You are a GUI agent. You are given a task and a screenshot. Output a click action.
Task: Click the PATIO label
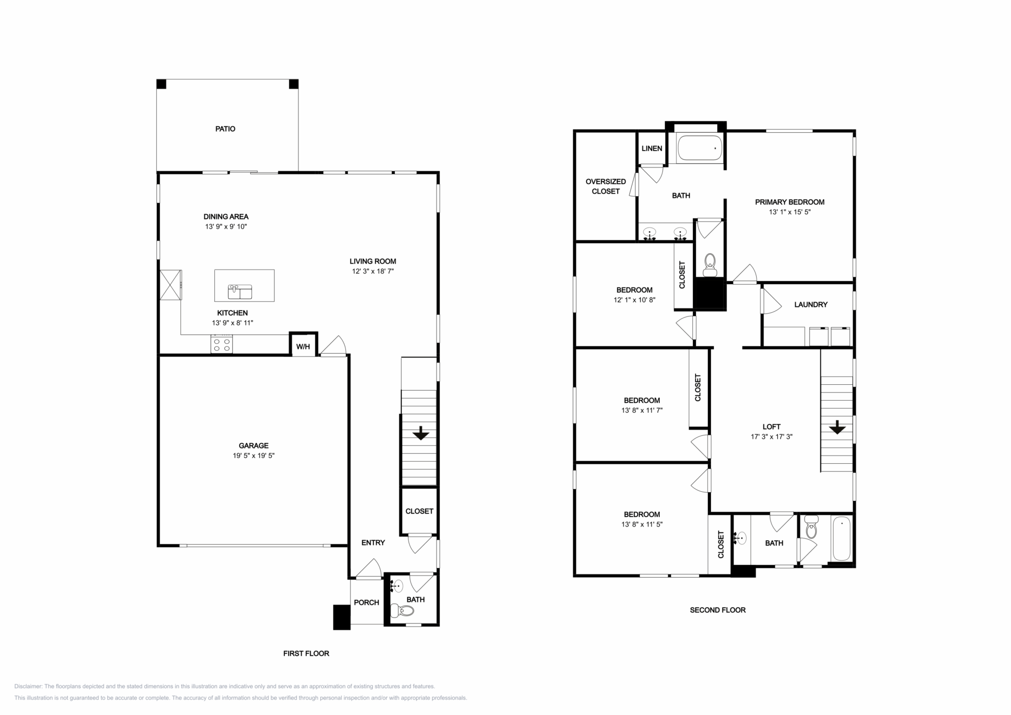(x=225, y=129)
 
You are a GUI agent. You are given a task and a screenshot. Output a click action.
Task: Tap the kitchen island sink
(x=240, y=291)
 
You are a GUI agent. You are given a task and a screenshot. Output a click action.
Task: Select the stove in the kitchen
(x=222, y=345)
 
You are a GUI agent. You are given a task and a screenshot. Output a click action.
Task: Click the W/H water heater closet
(x=303, y=345)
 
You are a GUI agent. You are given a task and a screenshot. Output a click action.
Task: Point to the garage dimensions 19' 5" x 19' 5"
(x=254, y=455)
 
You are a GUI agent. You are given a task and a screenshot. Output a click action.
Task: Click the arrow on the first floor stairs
(x=420, y=433)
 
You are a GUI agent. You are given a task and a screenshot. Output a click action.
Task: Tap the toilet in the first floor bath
(x=403, y=611)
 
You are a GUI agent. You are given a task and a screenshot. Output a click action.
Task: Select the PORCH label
(x=366, y=602)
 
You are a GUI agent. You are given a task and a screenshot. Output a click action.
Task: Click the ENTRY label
(x=373, y=542)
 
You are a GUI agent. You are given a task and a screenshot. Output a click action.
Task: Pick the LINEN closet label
(x=652, y=148)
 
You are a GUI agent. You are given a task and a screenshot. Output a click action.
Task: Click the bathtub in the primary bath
(x=700, y=148)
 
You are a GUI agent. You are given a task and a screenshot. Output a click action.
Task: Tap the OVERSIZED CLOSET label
(x=606, y=186)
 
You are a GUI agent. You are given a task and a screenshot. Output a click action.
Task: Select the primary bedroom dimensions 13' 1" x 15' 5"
(x=790, y=212)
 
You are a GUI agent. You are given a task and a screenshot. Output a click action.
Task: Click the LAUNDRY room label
(x=811, y=304)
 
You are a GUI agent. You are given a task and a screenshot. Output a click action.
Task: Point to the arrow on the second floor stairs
(x=837, y=427)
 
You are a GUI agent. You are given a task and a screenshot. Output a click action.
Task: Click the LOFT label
(x=771, y=426)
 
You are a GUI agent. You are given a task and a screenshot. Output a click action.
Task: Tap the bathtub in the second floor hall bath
(x=841, y=539)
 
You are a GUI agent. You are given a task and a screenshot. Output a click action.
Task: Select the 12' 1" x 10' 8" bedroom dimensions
(x=635, y=300)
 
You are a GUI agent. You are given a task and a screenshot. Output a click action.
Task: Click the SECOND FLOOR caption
(x=718, y=610)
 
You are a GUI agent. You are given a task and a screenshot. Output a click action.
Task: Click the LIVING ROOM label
(x=373, y=261)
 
